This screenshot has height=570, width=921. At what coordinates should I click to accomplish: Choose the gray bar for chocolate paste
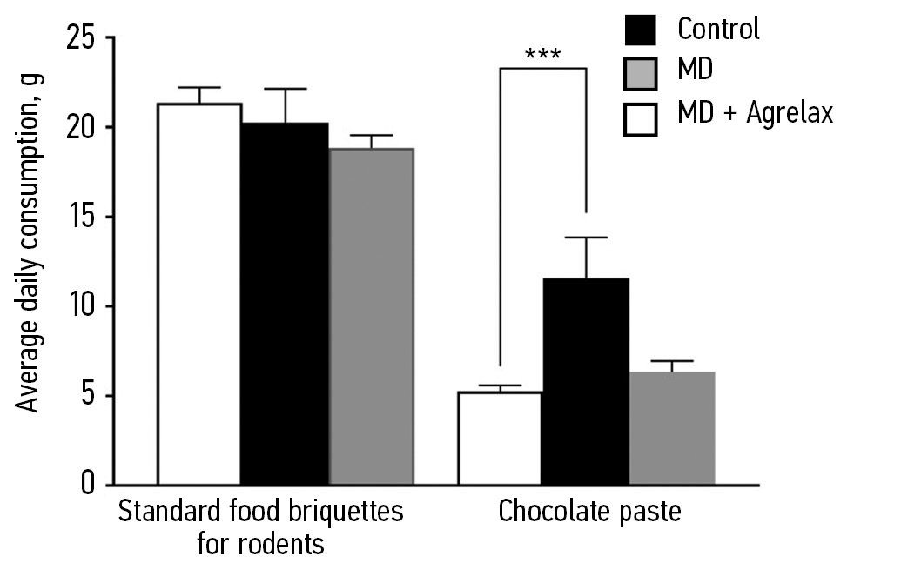(671, 427)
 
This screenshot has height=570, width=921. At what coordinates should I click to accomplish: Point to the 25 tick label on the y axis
(79, 38)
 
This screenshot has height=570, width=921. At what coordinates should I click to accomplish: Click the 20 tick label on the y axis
(79, 128)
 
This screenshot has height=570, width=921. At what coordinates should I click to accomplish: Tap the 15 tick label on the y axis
(79, 218)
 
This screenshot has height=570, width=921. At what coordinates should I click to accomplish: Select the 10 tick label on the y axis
(79, 307)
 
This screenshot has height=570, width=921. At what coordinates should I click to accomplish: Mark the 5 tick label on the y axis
(87, 397)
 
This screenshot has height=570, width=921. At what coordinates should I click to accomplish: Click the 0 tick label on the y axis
(87, 484)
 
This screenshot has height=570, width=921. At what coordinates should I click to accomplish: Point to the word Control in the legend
(718, 29)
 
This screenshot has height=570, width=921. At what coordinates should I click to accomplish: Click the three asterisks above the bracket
(542, 56)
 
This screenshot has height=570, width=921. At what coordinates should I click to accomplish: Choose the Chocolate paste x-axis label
(589, 512)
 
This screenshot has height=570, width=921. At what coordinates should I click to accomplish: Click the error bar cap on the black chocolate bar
(586, 238)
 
